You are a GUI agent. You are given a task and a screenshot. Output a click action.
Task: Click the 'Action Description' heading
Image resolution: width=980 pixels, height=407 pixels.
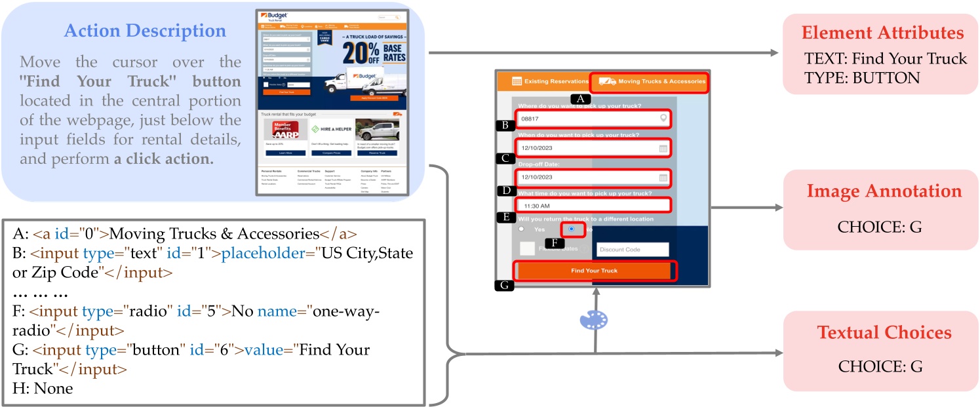click(144, 31)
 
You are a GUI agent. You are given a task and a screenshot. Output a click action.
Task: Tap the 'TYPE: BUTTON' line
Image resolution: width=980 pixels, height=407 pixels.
click(862, 77)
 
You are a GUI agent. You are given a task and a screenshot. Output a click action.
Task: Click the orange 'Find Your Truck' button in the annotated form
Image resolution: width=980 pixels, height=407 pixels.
click(594, 271)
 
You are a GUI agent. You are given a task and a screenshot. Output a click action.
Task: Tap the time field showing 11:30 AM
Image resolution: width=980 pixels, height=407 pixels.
click(594, 206)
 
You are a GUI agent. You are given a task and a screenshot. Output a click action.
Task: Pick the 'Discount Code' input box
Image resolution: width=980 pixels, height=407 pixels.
click(632, 250)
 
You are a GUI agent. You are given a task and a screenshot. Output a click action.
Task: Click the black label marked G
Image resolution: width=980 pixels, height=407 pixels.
click(504, 286)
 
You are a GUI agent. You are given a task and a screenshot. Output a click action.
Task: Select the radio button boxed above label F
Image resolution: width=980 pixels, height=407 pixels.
click(573, 229)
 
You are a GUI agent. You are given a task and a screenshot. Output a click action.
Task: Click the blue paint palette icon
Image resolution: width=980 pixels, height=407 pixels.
click(594, 320)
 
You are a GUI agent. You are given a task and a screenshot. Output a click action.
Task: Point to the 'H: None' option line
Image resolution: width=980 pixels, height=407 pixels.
click(43, 388)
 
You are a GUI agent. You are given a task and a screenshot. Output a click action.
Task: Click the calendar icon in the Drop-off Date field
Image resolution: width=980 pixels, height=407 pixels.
click(663, 178)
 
